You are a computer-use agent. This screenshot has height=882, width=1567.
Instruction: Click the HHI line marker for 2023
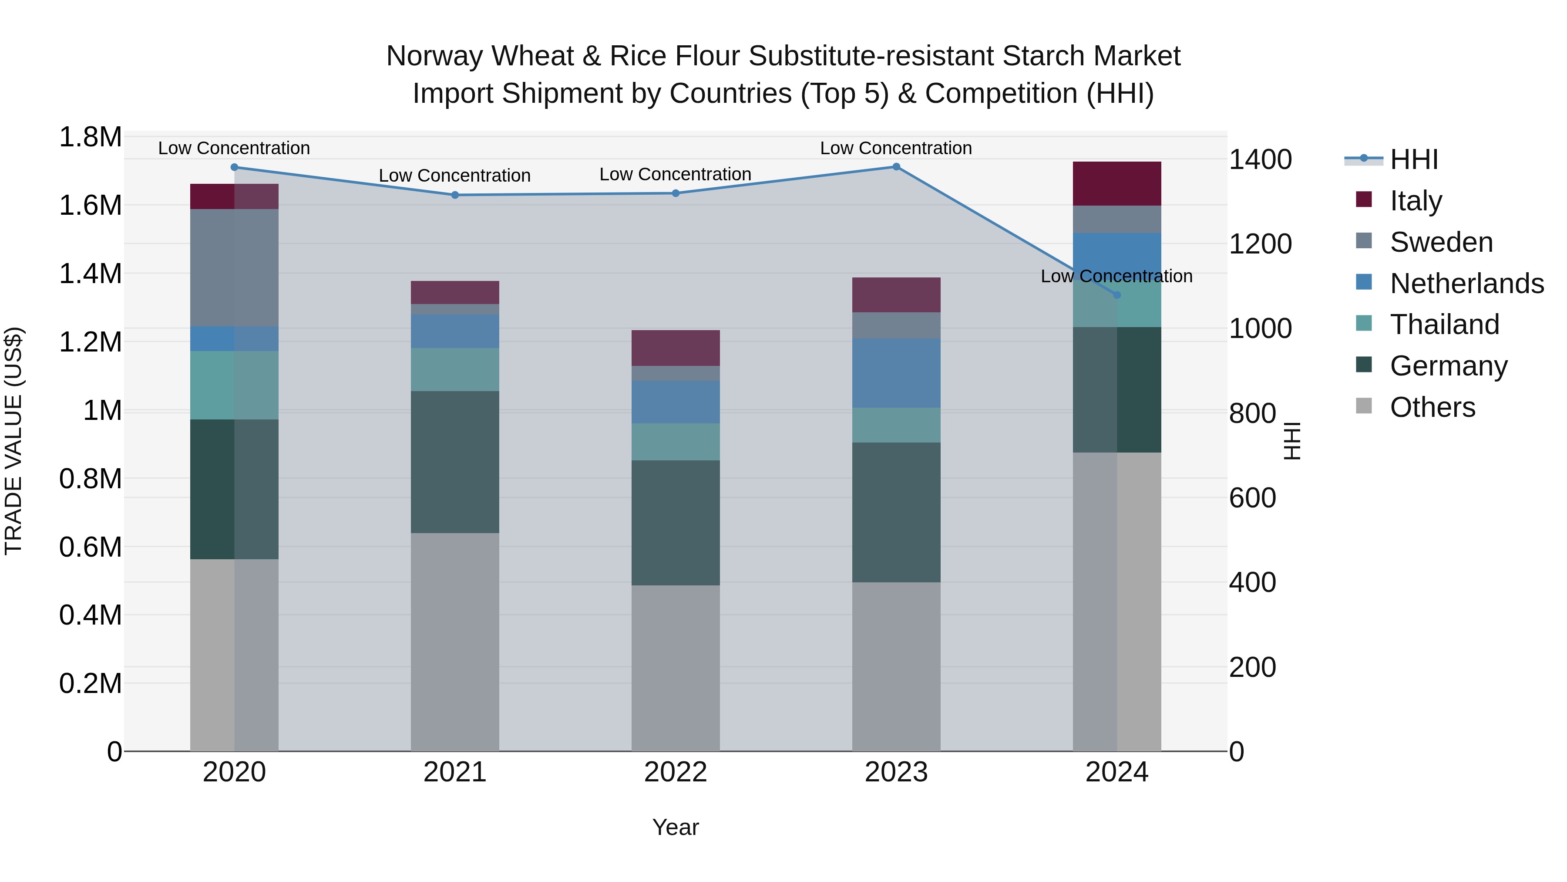[x=896, y=167]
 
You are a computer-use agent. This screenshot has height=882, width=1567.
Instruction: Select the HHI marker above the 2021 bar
[x=455, y=195]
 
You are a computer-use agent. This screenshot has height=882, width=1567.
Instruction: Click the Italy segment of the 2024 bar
[x=1117, y=184]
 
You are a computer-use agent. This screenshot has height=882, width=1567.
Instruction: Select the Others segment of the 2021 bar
[x=455, y=642]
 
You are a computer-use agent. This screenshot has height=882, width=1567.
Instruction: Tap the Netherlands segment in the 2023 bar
[x=896, y=373]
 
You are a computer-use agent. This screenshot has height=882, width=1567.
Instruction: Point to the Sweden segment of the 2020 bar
[x=234, y=268]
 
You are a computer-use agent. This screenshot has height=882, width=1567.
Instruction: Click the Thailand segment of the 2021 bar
[x=455, y=369]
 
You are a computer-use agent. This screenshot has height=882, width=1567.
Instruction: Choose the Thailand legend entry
[x=1445, y=324]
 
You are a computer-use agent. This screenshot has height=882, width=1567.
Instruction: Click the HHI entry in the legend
[x=1414, y=159]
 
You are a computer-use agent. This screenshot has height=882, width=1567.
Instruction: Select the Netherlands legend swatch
[x=1364, y=282]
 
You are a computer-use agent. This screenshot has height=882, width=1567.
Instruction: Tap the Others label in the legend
[x=1432, y=407]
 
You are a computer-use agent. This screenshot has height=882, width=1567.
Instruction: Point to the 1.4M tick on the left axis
[x=90, y=274]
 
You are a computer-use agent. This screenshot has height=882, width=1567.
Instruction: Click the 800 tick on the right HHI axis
[x=1252, y=413]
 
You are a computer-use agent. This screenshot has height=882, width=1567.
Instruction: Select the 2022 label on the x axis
[x=675, y=772]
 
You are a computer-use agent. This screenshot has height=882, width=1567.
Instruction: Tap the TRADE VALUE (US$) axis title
[x=13, y=441]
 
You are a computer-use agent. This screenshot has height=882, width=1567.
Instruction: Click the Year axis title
[x=675, y=827]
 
